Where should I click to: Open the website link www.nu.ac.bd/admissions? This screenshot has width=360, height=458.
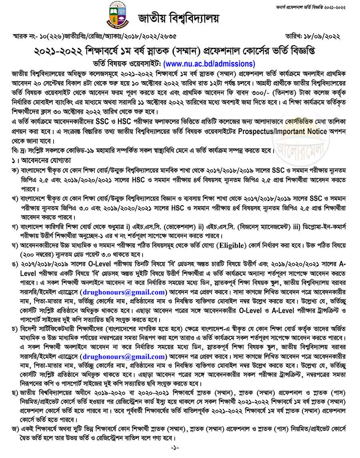[209, 64]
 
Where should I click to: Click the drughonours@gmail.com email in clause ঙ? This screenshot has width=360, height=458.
[122, 292]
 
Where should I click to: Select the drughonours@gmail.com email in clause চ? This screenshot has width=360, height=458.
[122, 356]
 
